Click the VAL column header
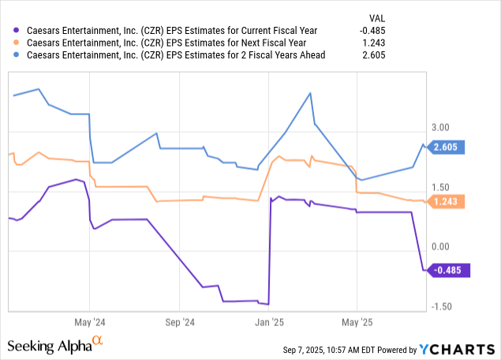[465, 17]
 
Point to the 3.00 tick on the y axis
[439, 127]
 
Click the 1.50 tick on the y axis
[439, 187]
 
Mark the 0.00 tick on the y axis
[439, 247]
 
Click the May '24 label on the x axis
[89, 322]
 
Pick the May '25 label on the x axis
[357, 322]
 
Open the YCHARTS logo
[456, 349]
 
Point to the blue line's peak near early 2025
[310, 92]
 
